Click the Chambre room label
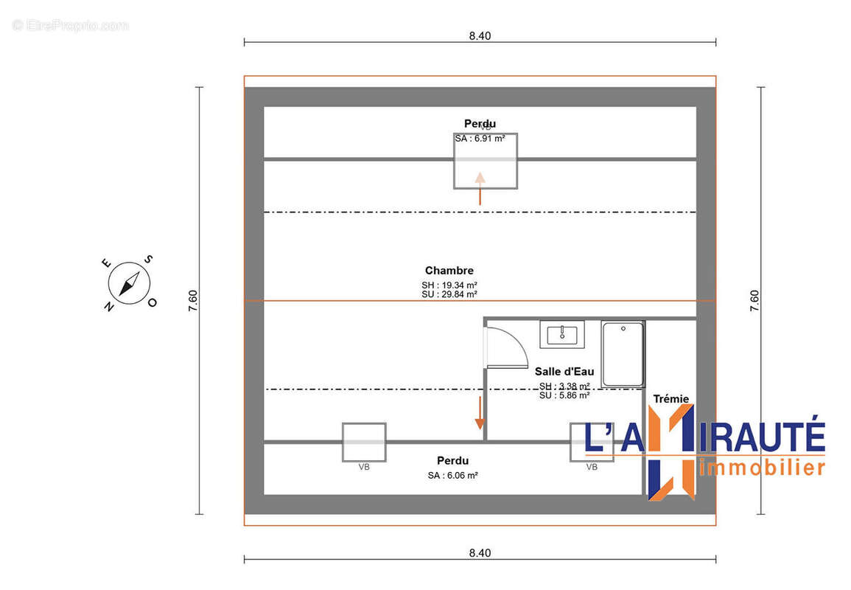449,271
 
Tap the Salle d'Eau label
564,372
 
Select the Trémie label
670,399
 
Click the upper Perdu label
480,123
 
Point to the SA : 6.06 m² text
452,476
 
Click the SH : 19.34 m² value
449,285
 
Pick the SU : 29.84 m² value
449,294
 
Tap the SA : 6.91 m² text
480,139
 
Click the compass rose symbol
130,283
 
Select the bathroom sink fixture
562,333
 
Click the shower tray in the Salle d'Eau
623,354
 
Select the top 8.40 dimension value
480,35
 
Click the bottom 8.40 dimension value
480,552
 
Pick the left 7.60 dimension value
193,301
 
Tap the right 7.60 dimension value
754,301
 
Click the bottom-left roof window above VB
364,442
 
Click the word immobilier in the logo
760,467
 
